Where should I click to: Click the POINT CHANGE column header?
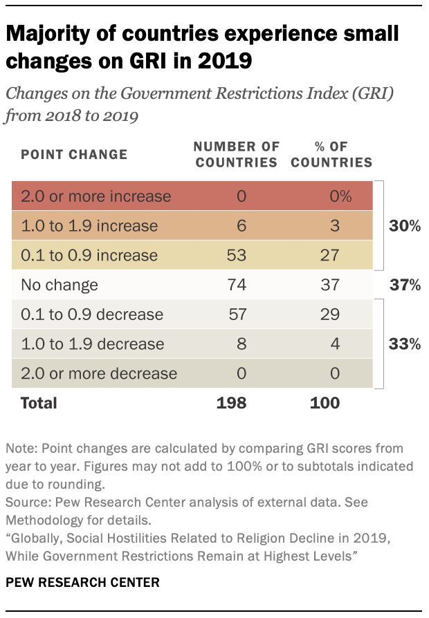(x=75, y=154)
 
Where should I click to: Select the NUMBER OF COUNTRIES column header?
(x=236, y=155)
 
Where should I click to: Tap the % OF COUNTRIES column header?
(x=330, y=155)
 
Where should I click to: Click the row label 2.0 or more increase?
(x=96, y=196)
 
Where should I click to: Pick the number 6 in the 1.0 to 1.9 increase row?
(x=241, y=226)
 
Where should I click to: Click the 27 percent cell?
(x=330, y=255)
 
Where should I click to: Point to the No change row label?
(x=59, y=285)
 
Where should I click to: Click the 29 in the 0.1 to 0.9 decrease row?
(x=330, y=315)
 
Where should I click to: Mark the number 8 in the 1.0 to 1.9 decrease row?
(x=241, y=344)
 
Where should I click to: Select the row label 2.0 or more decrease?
(x=98, y=374)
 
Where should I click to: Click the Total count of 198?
(x=231, y=402)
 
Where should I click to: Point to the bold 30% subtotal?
(x=404, y=226)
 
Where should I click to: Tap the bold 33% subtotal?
(x=404, y=344)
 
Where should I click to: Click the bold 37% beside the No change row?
(x=404, y=285)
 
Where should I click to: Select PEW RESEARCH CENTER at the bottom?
(x=82, y=583)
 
